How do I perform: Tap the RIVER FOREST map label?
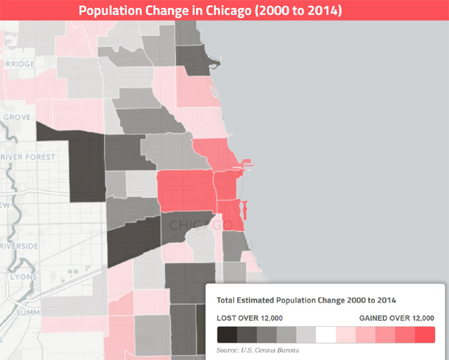27,157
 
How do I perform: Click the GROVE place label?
17,117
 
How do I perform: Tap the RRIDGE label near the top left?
18,64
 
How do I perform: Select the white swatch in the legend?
326,334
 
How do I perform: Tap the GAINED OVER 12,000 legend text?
396,318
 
